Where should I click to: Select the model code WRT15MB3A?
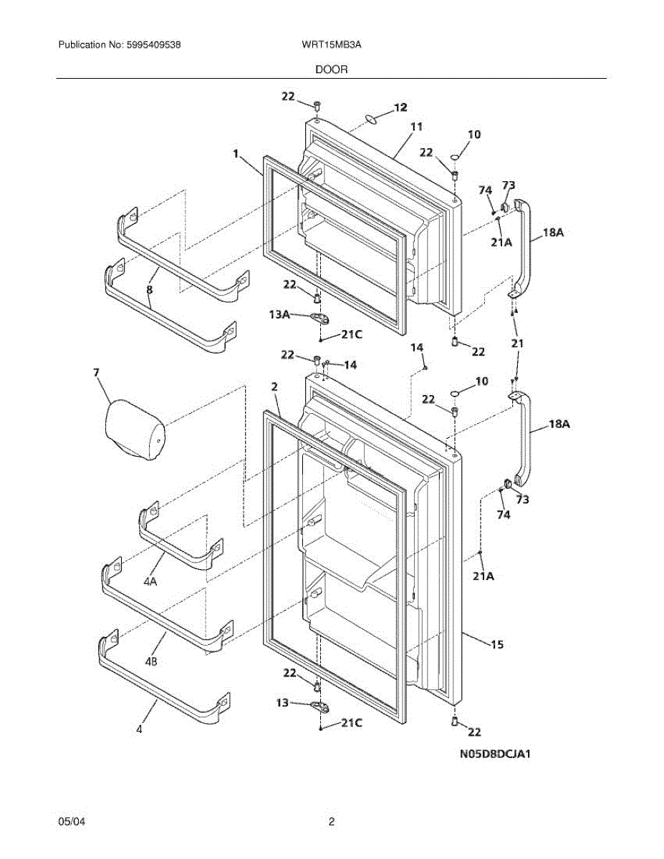coord(332,44)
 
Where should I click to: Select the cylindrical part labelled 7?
coord(135,429)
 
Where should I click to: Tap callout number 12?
coord(400,107)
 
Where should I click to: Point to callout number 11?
coord(415,127)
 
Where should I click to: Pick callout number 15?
coord(496,645)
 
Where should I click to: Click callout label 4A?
coord(150,582)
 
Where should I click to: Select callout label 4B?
coord(150,661)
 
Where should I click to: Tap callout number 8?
coord(150,290)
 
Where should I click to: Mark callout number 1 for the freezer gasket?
coord(235,152)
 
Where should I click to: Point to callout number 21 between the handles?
coord(516,344)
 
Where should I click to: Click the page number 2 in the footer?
coord(332,822)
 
